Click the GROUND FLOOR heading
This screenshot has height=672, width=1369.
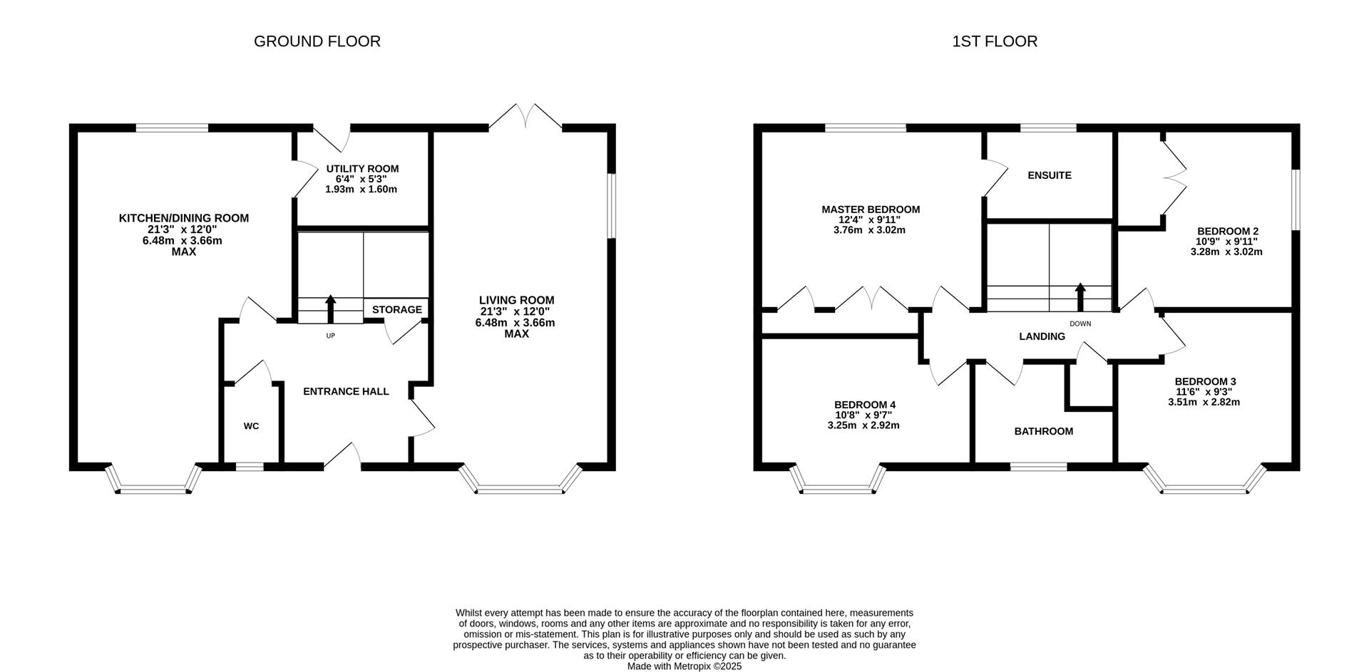tap(317, 41)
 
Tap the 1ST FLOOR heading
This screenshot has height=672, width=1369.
tap(994, 41)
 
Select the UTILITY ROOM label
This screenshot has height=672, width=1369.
tap(362, 169)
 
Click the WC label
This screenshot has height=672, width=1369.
tap(251, 426)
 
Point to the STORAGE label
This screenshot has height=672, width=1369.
tap(396, 309)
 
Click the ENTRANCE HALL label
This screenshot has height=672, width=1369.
tap(346, 391)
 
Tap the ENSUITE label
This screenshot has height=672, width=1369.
tap(1049, 175)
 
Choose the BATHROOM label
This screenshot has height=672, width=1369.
tap(1043, 431)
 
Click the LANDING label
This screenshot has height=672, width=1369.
tap(1042, 336)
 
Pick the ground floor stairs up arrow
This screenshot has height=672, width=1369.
tap(331, 309)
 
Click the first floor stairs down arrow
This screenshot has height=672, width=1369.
tap(1080, 296)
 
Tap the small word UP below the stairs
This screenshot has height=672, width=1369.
tap(330, 336)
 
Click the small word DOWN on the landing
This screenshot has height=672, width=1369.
tap(1080, 324)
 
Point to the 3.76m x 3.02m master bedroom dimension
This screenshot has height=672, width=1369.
tap(869, 230)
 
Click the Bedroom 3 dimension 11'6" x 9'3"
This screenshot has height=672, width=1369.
tap(1204, 391)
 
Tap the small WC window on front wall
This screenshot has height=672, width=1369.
tap(250, 467)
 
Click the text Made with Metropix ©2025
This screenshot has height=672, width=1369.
tap(684, 666)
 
